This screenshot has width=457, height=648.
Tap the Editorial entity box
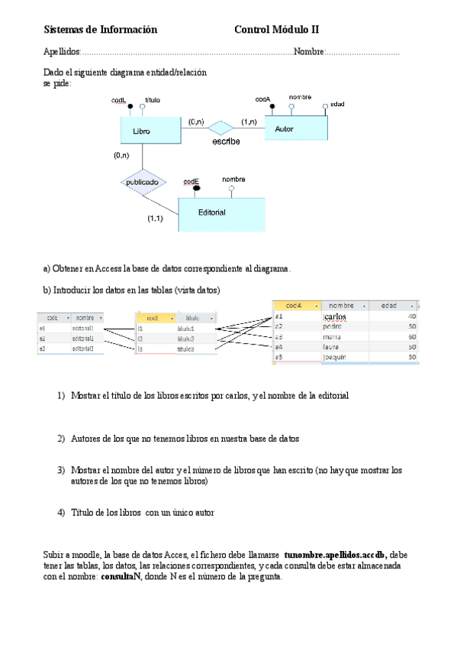coord(221,213)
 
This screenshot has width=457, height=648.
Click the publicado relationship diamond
coord(143,183)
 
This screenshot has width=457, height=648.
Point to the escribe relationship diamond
coord(222,127)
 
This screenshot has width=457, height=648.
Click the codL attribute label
coord(118,100)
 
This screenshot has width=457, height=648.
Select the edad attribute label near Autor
coord(337,104)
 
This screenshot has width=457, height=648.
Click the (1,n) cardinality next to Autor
coord(249,122)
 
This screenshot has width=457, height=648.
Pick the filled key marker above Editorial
coord(196,188)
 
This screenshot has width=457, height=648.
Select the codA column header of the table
coord(295,305)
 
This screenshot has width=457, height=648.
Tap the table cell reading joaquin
coord(335,357)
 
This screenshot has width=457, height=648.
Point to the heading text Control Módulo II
coord(276,30)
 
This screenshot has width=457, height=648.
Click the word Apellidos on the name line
coord(62,52)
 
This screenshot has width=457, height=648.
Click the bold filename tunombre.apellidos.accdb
coord(336,554)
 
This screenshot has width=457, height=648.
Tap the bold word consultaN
coord(121,577)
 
